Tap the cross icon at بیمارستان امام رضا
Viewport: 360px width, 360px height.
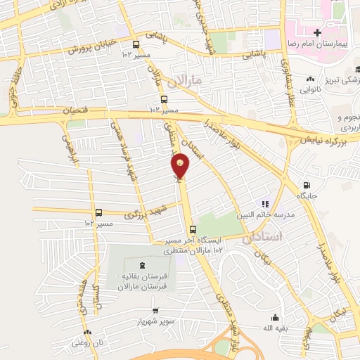(317, 33)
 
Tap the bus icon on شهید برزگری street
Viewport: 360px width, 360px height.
(98, 212)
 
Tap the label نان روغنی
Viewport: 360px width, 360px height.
(86, 342)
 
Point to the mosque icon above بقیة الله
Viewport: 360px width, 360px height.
(274, 316)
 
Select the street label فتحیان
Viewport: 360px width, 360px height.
(76, 110)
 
